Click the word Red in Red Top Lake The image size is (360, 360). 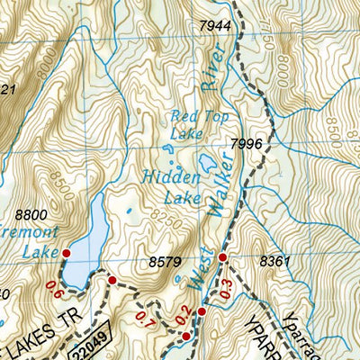pyautogui.click(x=182, y=114)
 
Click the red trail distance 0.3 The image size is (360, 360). pyautogui.click(x=225, y=292)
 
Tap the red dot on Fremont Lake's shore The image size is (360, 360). pyautogui.click(x=65, y=255)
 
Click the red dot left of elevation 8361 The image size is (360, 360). pyautogui.click(x=222, y=257)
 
